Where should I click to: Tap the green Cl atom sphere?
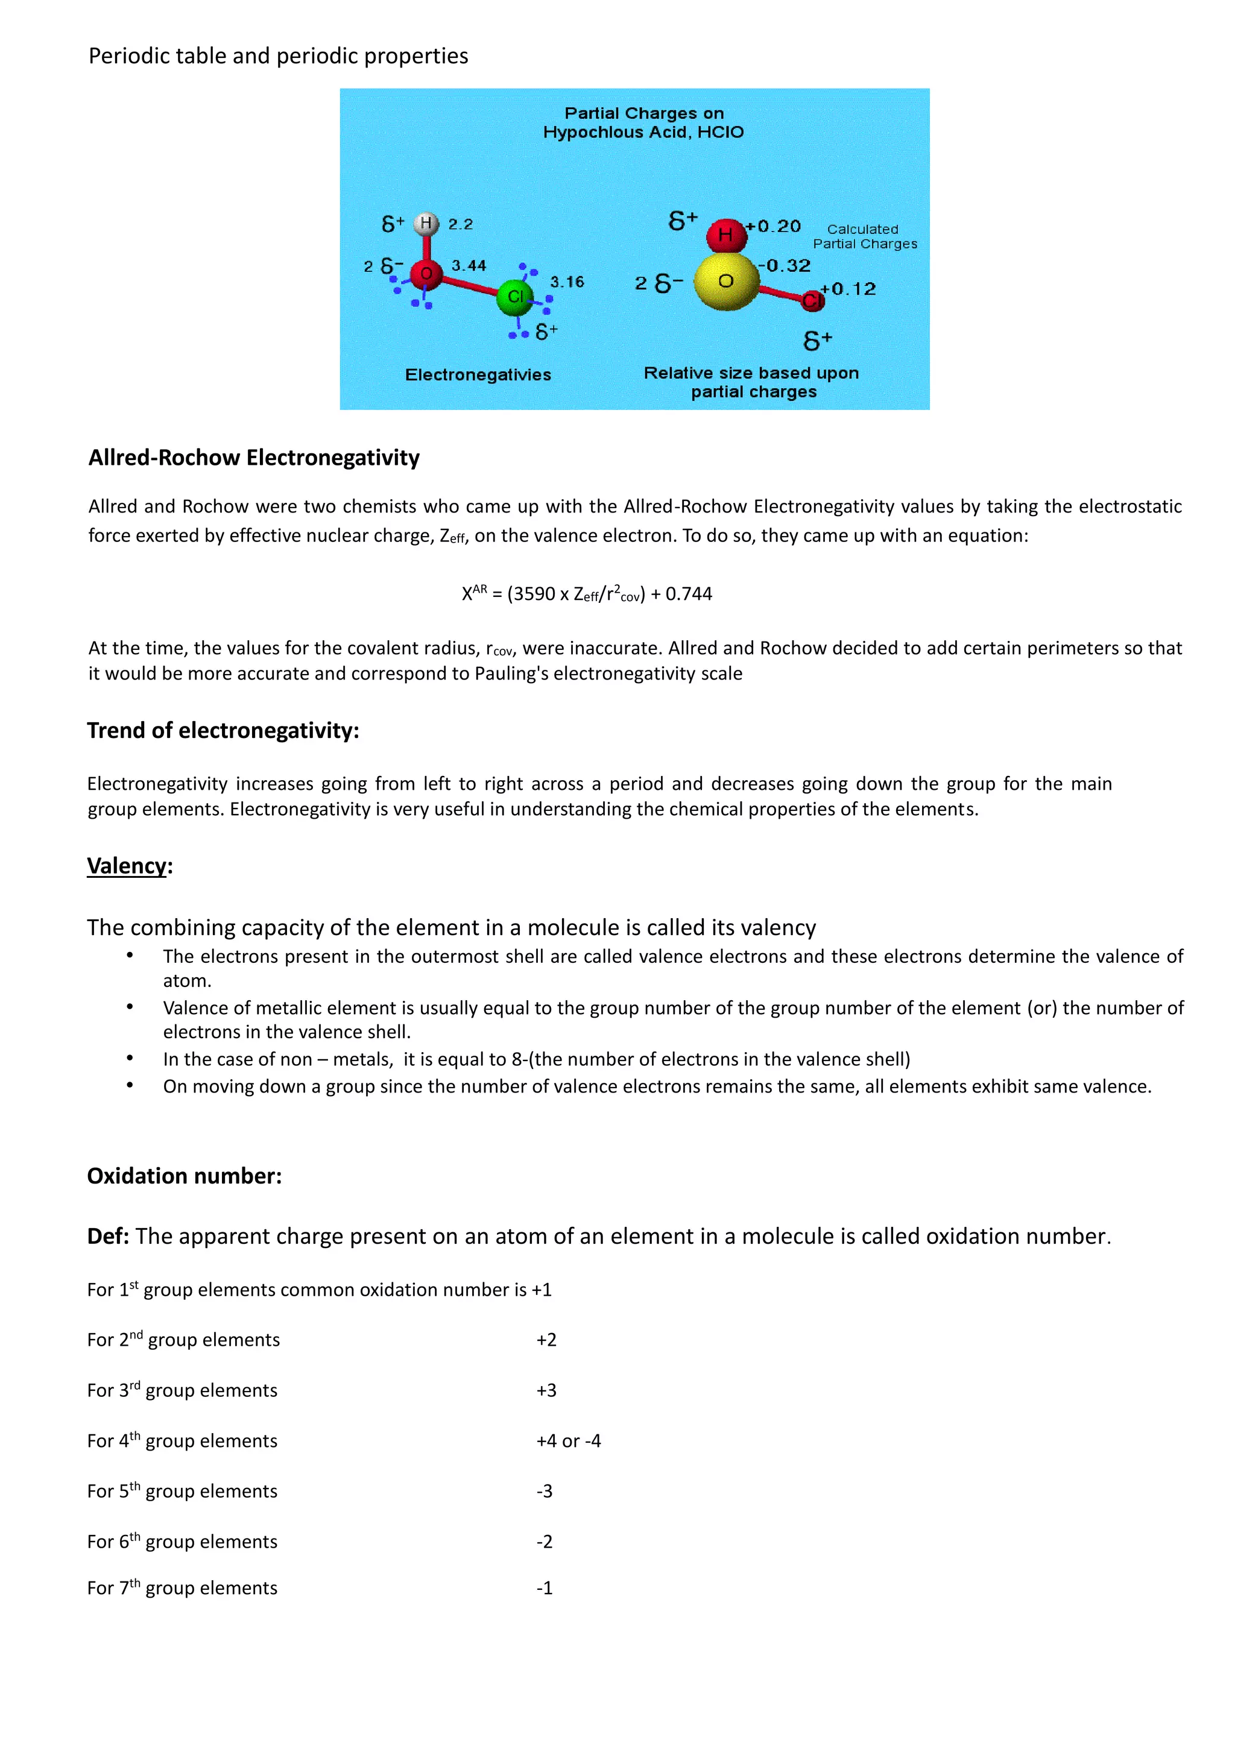click(516, 297)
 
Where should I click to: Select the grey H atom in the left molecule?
click(426, 224)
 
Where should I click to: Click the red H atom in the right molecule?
click(725, 235)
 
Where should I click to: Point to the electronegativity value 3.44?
click(469, 265)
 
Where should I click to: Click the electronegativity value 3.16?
click(567, 282)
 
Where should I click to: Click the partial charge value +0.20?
click(774, 226)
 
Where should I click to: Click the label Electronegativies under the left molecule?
click(478, 375)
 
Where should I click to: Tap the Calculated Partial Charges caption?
click(864, 236)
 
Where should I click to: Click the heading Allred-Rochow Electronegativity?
click(254, 458)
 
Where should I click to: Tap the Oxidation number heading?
click(184, 1176)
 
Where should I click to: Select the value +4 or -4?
click(568, 1441)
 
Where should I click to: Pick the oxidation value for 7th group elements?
click(545, 1589)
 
